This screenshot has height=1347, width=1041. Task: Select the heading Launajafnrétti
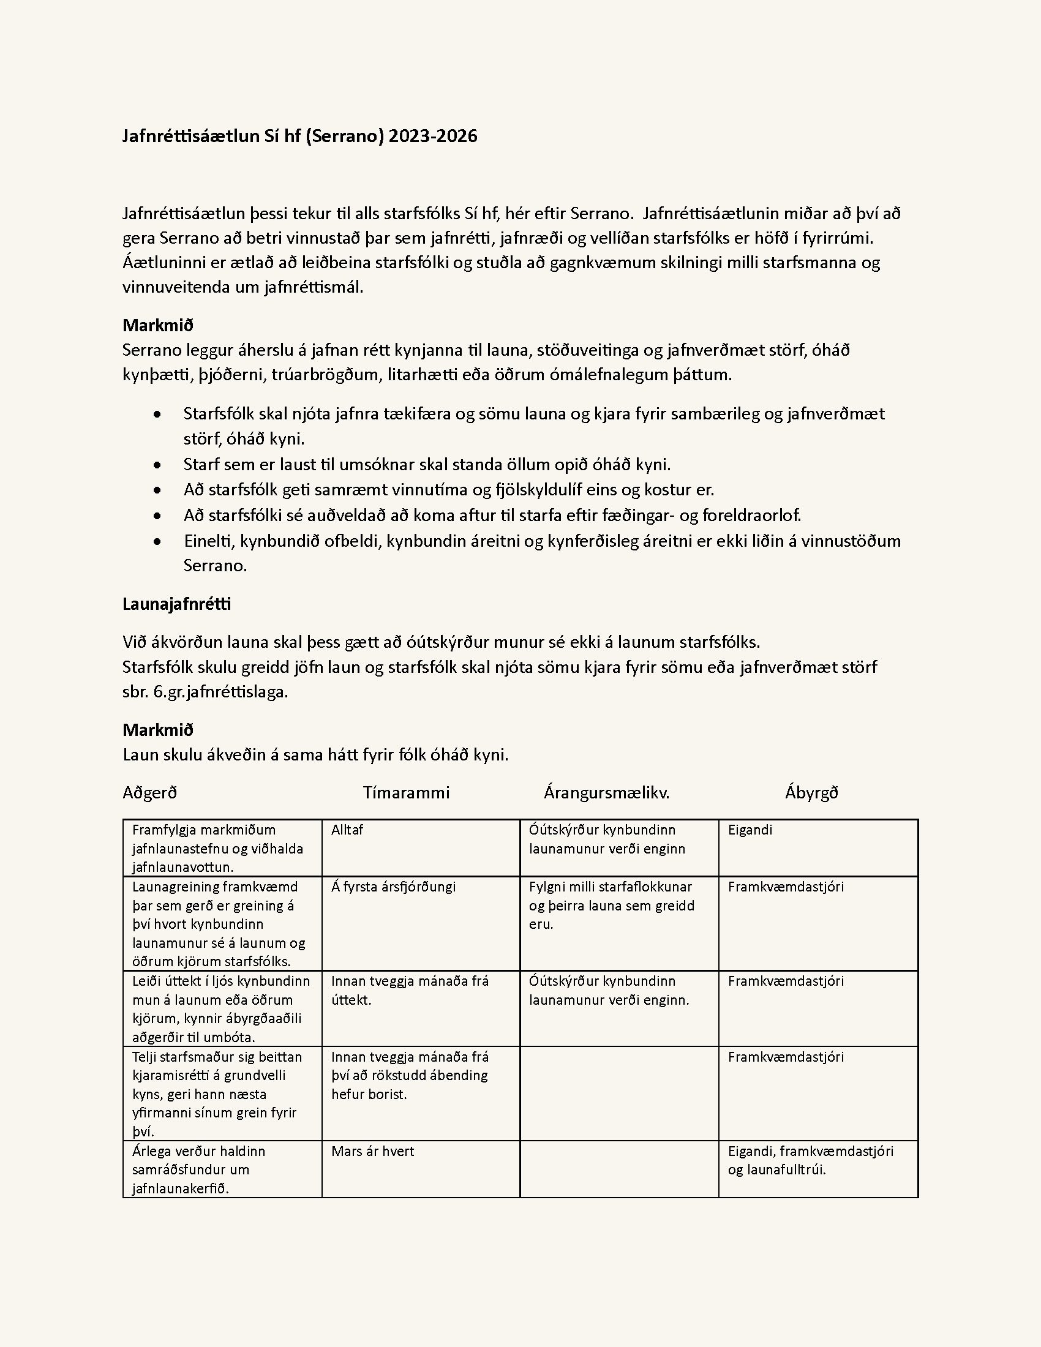click(x=176, y=604)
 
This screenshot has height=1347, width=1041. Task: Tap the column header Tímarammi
click(x=406, y=792)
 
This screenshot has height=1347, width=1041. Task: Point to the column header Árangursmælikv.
click(x=606, y=792)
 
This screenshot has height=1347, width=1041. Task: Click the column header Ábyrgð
click(x=811, y=792)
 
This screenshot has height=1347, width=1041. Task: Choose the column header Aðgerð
click(x=150, y=792)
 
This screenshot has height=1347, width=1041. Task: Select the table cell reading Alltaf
click(x=347, y=830)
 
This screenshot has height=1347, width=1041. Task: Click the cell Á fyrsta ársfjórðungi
click(x=394, y=887)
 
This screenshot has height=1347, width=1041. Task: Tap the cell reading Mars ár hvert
click(x=372, y=1152)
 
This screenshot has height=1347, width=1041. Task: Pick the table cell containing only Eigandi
click(x=750, y=830)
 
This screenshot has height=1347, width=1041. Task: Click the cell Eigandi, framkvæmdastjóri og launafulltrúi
click(x=810, y=1160)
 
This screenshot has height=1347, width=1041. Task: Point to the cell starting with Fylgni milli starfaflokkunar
click(x=611, y=905)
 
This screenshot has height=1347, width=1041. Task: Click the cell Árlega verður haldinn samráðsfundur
click(x=198, y=1169)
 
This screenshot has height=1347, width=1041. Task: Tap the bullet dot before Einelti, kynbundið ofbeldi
click(x=158, y=541)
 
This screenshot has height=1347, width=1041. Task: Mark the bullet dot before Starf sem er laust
click(x=158, y=465)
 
